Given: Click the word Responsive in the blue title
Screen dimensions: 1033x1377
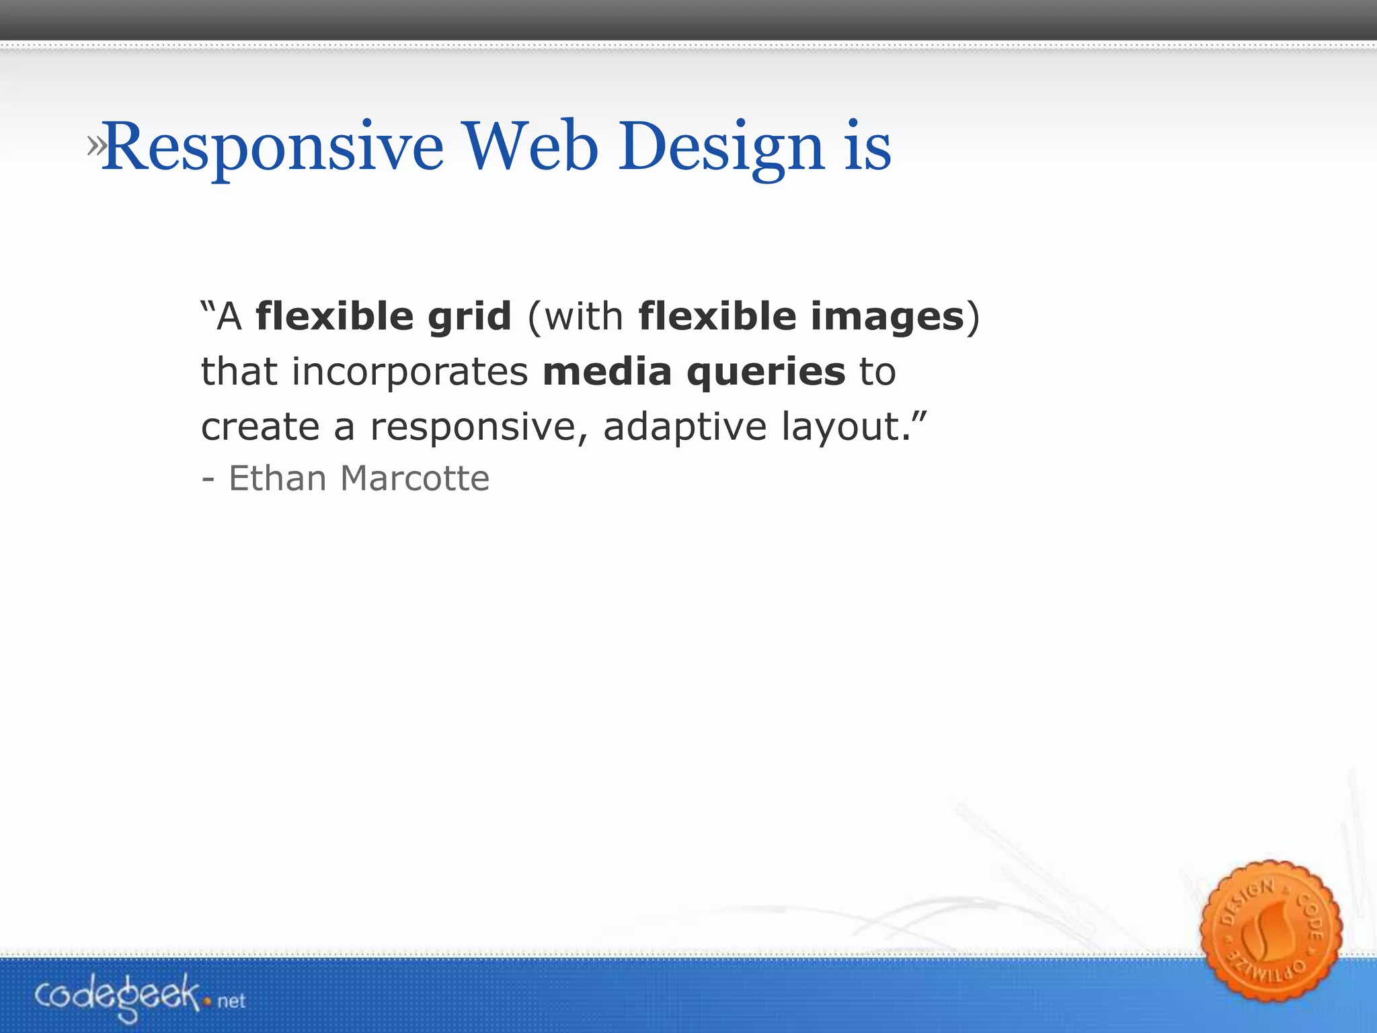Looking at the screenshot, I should (x=273, y=148).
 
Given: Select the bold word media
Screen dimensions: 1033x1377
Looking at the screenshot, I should (x=607, y=372).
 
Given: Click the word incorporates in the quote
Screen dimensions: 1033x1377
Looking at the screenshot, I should (x=409, y=372).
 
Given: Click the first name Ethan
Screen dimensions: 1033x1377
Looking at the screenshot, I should (x=278, y=479).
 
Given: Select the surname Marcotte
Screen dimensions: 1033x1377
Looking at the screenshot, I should (x=415, y=479).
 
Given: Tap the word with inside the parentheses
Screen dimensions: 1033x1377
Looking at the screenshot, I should (x=584, y=317).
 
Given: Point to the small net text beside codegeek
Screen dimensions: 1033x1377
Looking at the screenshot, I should (x=231, y=1001).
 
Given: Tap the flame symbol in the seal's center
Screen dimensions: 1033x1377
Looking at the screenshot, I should (x=1267, y=931).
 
